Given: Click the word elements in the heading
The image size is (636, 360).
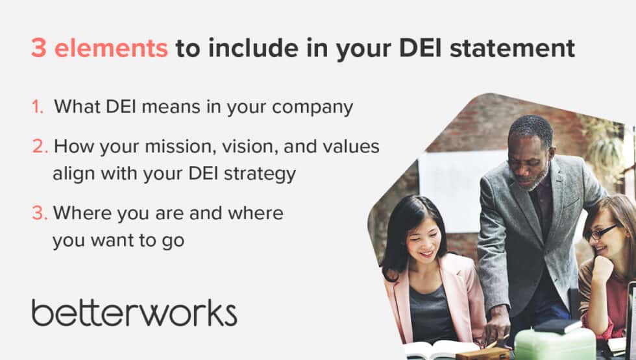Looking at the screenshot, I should pos(111,49).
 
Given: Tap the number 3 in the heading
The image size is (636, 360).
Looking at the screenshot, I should pos(38,49).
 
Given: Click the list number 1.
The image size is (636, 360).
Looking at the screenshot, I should pos(38,107).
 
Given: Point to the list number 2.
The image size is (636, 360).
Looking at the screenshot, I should pos(40,147).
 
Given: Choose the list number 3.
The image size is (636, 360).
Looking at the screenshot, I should pos(40,213).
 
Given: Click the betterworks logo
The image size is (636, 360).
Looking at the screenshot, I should pos(134,312).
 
